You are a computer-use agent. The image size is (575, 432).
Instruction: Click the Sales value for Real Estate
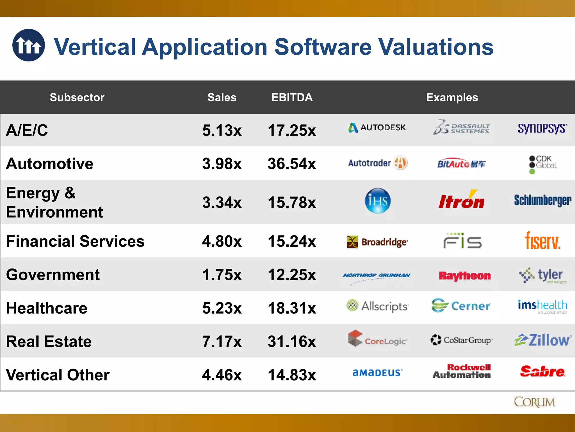click(x=222, y=341)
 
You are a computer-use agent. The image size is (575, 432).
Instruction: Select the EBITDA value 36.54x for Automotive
click(x=292, y=164)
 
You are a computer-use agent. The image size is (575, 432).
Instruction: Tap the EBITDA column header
click(x=292, y=97)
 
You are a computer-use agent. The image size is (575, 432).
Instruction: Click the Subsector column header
click(x=77, y=97)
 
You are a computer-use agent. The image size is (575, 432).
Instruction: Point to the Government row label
click(x=53, y=274)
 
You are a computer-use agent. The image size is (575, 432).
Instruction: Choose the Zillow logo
click(x=543, y=340)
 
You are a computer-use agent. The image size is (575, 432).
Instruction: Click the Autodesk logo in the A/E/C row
click(x=377, y=128)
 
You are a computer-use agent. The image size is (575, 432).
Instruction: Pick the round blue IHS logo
click(x=378, y=201)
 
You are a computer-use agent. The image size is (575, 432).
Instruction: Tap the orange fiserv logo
click(x=543, y=241)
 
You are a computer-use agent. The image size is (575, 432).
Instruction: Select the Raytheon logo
click(x=465, y=276)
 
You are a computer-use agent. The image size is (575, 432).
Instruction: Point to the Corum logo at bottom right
click(x=534, y=402)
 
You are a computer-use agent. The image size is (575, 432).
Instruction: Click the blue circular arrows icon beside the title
click(x=28, y=45)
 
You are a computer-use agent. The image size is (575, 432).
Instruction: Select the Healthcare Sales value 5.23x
click(x=222, y=308)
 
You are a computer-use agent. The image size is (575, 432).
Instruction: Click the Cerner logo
click(x=461, y=306)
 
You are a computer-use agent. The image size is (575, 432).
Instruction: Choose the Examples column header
click(x=452, y=97)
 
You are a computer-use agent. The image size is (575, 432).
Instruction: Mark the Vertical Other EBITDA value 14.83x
click(x=292, y=375)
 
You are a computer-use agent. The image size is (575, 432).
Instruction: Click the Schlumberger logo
click(x=542, y=200)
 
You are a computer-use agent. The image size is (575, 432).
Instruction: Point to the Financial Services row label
click(x=75, y=241)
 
